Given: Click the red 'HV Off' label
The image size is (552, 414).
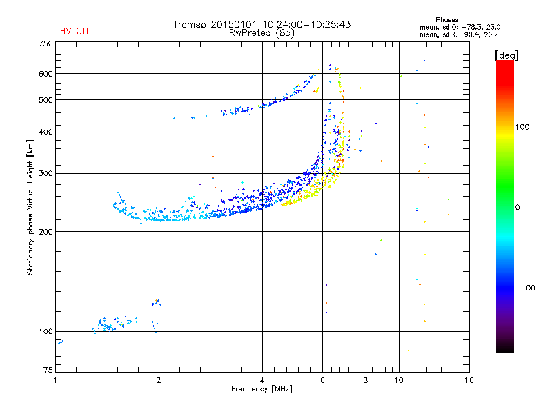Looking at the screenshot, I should click(74, 31).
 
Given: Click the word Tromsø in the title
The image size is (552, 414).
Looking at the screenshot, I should click(193, 24).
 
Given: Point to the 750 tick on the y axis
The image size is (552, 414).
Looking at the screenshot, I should click(45, 43).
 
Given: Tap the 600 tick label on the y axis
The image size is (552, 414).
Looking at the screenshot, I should click(45, 74).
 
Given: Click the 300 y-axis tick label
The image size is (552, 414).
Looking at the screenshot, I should click(45, 173).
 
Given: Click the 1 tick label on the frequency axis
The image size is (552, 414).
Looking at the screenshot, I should click(55, 380).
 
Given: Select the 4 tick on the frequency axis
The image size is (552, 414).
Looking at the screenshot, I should click(262, 380).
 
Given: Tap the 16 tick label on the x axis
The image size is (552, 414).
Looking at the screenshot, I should click(469, 380).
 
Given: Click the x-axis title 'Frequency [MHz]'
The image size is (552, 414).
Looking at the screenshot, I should click(262, 389).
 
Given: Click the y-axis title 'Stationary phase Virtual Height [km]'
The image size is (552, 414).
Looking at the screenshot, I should click(30, 207).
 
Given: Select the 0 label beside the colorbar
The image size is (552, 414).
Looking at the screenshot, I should click(518, 207).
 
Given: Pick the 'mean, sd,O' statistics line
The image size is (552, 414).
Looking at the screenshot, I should click(453, 27).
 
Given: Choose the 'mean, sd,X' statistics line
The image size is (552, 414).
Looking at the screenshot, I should click(453, 34).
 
